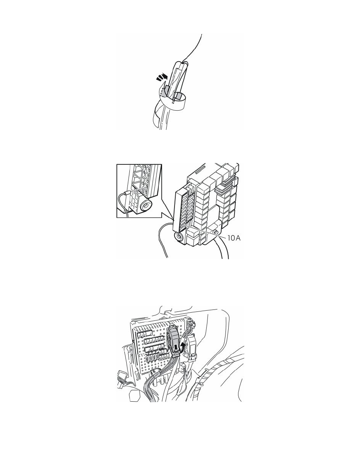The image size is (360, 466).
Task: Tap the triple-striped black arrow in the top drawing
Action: pos(161,78)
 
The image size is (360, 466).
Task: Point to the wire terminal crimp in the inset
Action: pos(127,194)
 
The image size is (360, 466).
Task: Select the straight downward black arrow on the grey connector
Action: pos(176,346)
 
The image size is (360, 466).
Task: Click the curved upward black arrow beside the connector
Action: pos(182,347)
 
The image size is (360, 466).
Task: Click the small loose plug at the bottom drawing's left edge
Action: pos(121,376)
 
